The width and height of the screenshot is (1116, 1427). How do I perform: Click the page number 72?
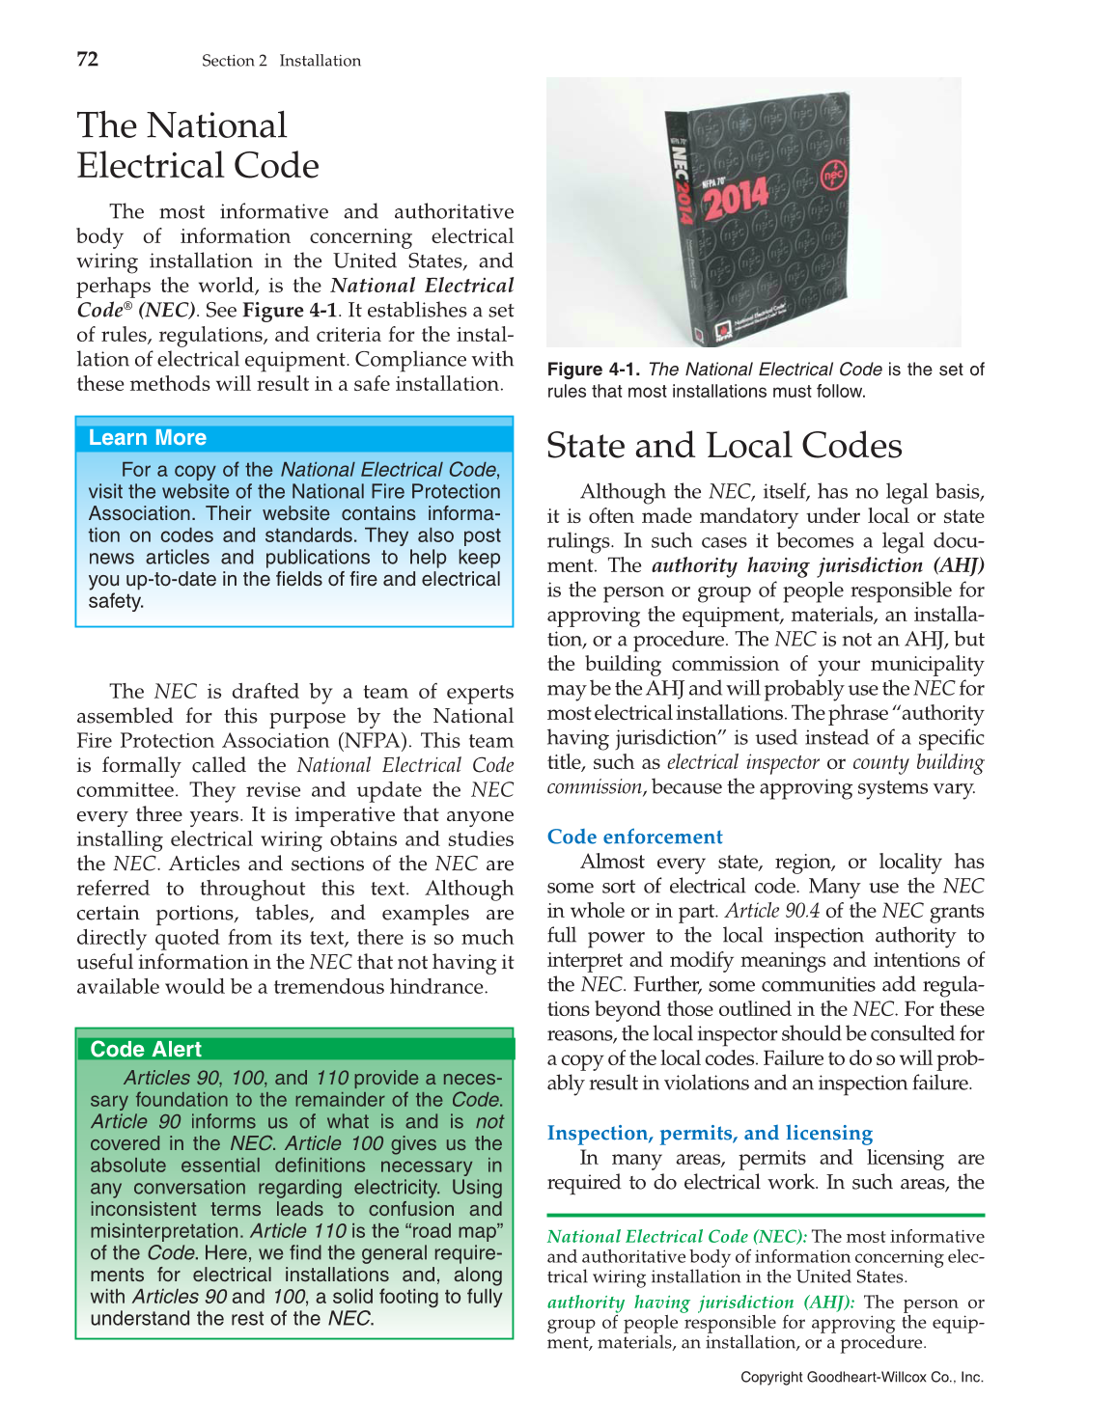click(87, 60)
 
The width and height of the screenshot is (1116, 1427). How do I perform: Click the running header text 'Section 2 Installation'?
click(281, 61)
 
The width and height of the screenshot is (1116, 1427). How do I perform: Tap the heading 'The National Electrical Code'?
click(198, 146)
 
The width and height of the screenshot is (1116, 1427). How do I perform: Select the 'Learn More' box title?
click(147, 438)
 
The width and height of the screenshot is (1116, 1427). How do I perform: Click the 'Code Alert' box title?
click(146, 1049)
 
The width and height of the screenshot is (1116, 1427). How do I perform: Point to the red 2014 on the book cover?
click(736, 196)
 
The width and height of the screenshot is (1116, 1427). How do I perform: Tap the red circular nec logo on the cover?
click(832, 176)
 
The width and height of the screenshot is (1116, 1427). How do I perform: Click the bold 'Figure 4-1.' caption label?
click(594, 370)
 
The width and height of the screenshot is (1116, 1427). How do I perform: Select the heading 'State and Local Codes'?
click(724, 446)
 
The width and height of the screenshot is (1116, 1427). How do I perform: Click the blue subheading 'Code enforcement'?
click(634, 837)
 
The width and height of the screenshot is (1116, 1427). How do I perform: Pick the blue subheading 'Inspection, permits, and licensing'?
click(710, 1133)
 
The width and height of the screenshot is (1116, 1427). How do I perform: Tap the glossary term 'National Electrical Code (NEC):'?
click(677, 1237)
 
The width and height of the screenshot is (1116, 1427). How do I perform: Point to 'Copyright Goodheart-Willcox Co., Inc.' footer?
click(861, 1377)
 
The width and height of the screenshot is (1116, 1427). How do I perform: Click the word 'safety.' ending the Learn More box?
click(116, 601)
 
